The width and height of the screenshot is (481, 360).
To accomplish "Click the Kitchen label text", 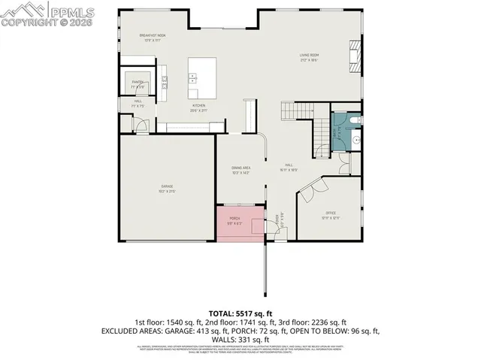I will click(x=198, y=105).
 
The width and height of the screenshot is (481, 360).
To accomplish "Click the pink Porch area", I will click(x=239, y=225).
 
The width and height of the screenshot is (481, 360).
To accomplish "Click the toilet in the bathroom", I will click(x=355, y=120).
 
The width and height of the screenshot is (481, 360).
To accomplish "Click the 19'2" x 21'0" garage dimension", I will click(x=166, y=191).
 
